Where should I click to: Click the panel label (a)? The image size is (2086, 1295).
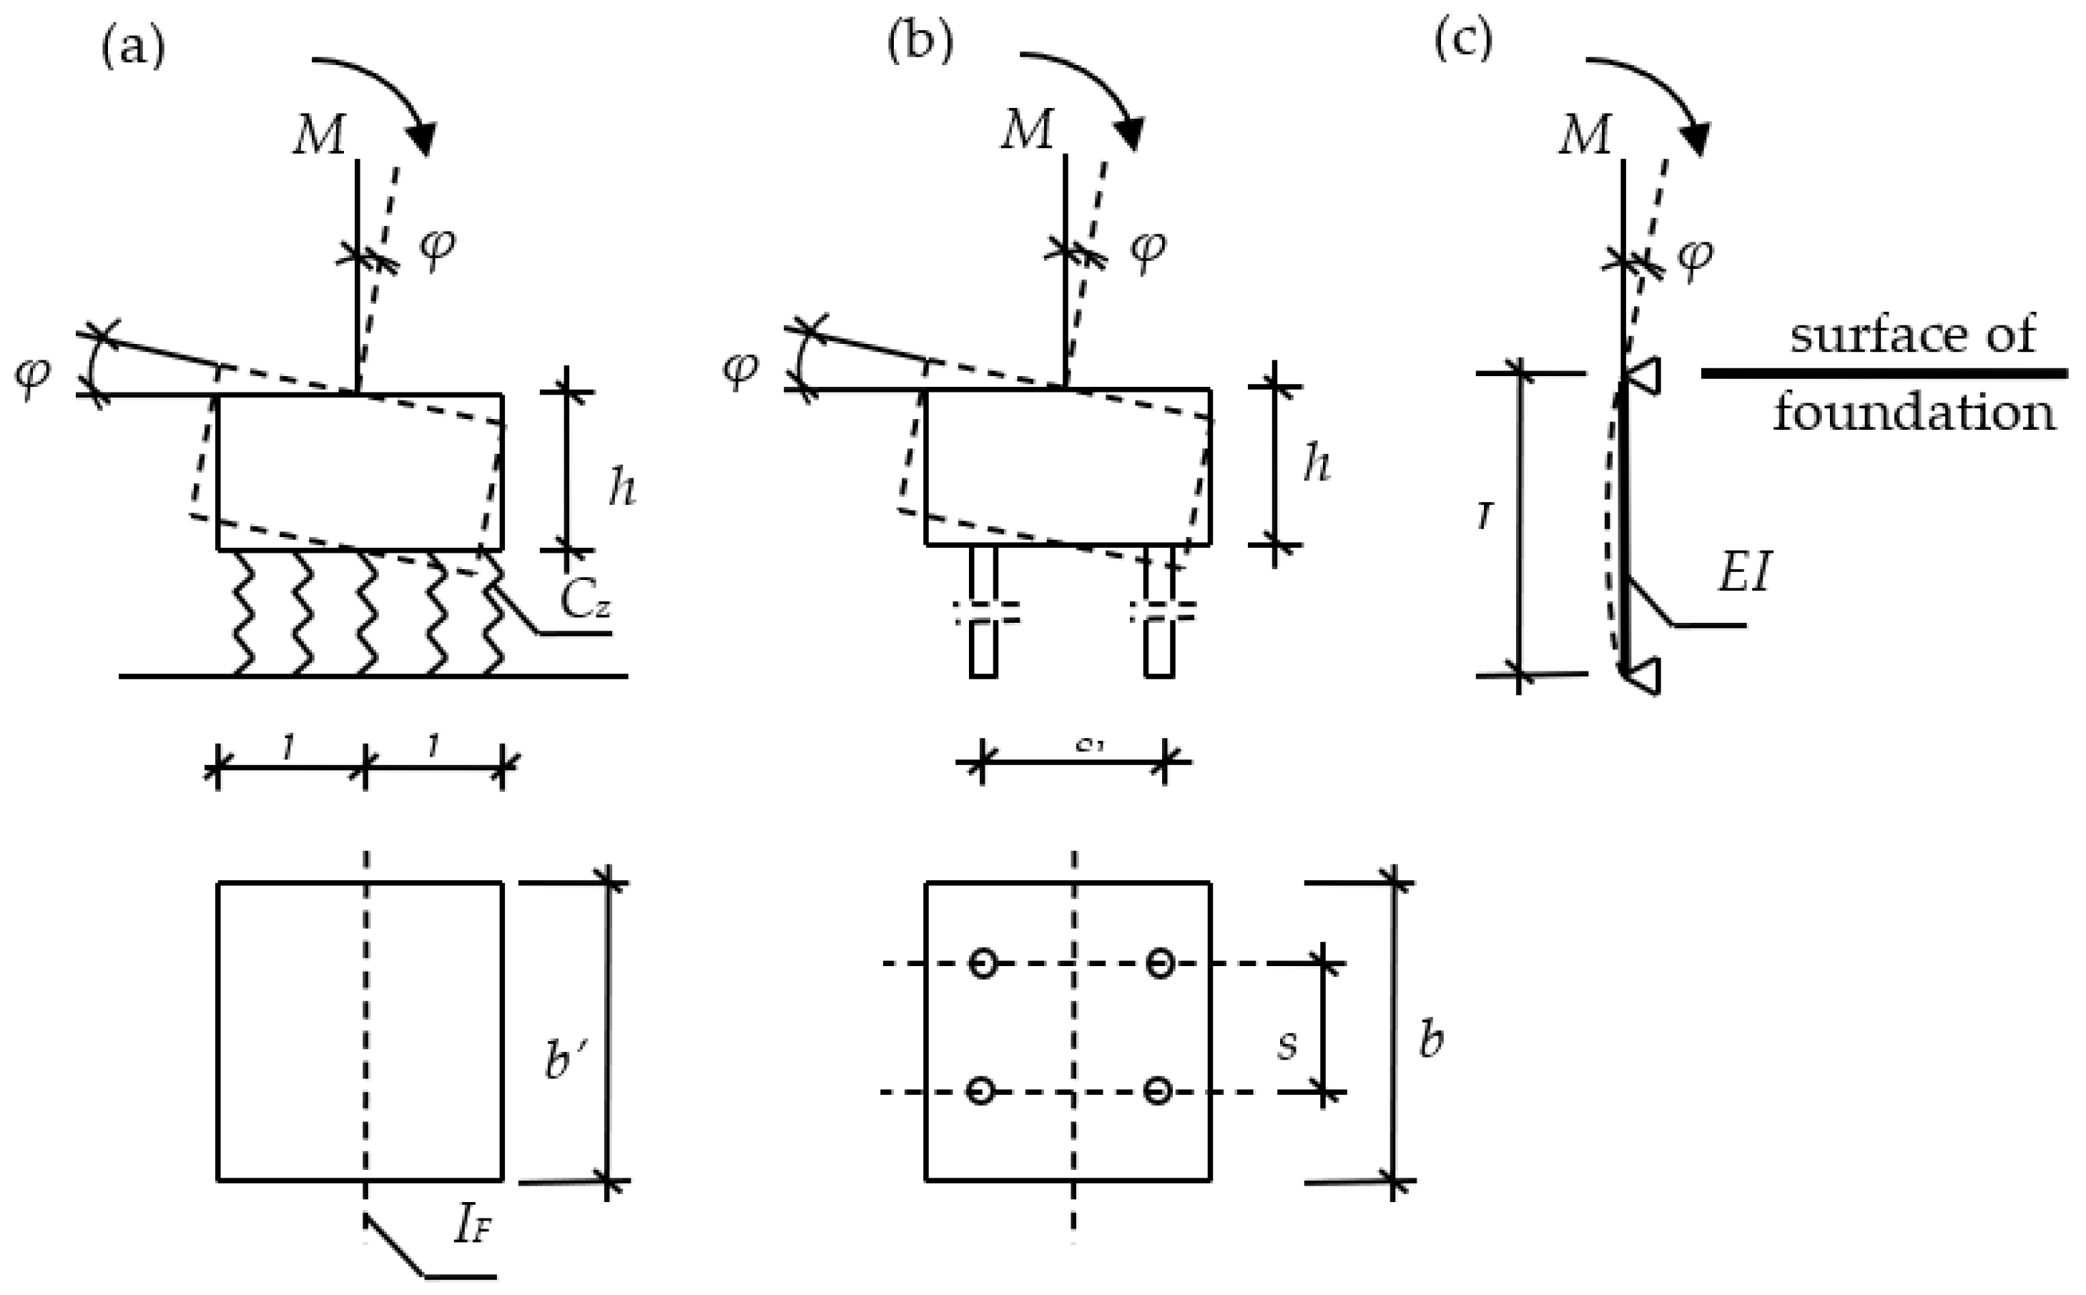(133, 47)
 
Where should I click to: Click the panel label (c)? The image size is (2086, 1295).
(1463, 41)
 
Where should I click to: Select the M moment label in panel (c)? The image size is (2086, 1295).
(1585, 135)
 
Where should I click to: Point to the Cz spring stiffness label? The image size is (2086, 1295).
(586, 602)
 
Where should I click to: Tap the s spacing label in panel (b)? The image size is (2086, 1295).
(1287, 1045)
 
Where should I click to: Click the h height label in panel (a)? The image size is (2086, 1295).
(621, 489)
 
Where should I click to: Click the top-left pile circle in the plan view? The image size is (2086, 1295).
(982, 963)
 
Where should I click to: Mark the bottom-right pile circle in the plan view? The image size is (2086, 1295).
(1158, 1091)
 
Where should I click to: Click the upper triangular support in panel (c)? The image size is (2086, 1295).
(1643, 376)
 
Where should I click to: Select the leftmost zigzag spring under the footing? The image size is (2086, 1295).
(243, 612)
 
